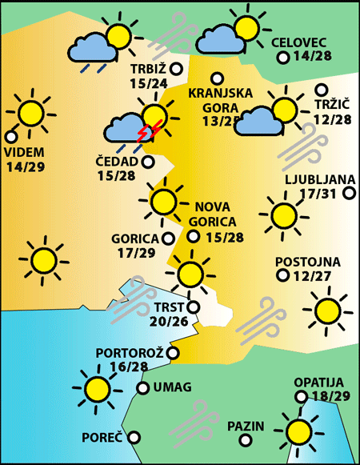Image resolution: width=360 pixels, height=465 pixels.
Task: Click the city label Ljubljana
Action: (314, 179)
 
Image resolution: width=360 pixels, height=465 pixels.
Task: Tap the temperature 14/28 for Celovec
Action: (315, 57)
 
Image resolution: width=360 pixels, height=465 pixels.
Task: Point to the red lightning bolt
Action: (150, 130)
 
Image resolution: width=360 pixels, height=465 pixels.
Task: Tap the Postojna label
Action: (307, 262)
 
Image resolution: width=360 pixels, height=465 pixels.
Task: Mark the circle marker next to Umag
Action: (142, 388)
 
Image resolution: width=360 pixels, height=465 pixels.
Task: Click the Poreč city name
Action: (102, 438)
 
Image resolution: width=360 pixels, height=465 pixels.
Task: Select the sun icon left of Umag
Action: (98, 389)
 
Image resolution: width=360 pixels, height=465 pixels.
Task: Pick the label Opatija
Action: (318, 383)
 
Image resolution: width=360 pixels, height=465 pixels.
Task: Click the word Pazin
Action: (245, 426)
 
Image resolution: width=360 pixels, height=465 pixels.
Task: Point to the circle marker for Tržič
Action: (322, 90)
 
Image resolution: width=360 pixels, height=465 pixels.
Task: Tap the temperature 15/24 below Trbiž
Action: (147, 82)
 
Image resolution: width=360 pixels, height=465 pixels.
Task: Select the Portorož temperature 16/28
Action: (129, 367)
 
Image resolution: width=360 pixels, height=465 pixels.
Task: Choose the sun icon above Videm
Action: (30, 113)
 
